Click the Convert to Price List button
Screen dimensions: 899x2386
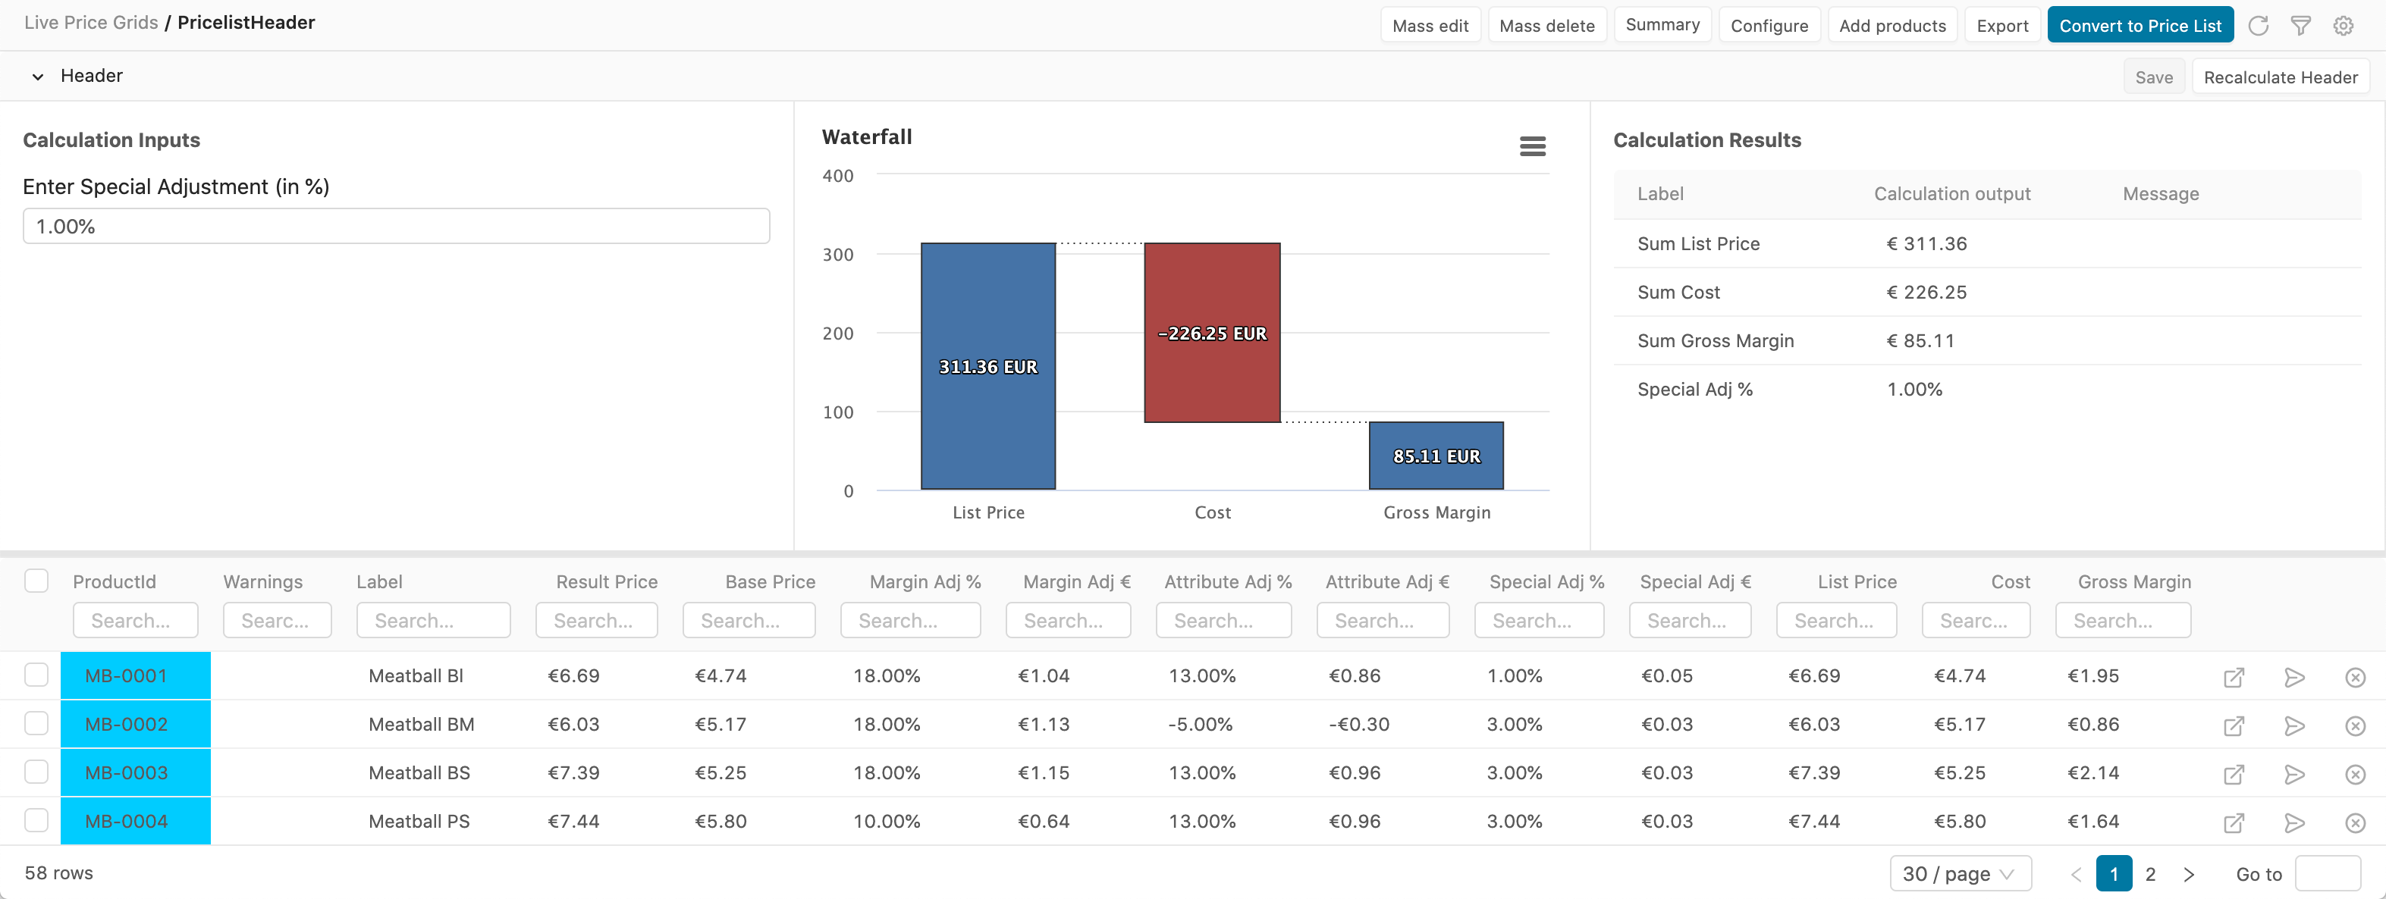[x=2140, y=26]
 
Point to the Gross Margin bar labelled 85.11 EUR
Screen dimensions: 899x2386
[x=1436, y=456]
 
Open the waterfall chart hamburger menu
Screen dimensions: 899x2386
[x=1532, y=146]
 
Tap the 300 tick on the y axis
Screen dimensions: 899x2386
[x=838, y=255]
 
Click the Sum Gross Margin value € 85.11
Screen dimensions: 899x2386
[x=1920, y=340]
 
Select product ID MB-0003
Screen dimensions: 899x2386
[x=127, y=773]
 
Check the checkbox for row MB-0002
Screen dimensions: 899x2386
[x=36, y=723]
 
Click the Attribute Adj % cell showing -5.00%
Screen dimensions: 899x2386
[x=1201, y=725]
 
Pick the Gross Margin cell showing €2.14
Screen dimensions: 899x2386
[x=2092, y=773]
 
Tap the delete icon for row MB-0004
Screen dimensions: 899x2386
[x=2354, y=822]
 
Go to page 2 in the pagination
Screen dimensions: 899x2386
[x=2150, y=874]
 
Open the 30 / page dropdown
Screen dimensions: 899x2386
[x=1959, y=874]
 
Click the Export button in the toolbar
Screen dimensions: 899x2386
[x=2001, y=26]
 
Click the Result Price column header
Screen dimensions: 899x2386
[x=607, y=581]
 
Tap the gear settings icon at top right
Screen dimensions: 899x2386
[x=2343, y=26]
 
